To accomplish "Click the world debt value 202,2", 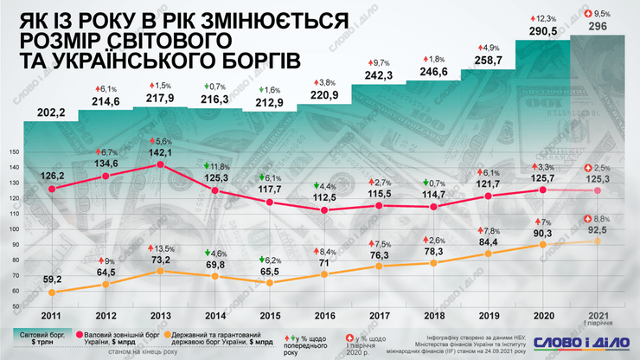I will (x=55, y=112).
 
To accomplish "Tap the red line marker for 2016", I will (x=323, y=210).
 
